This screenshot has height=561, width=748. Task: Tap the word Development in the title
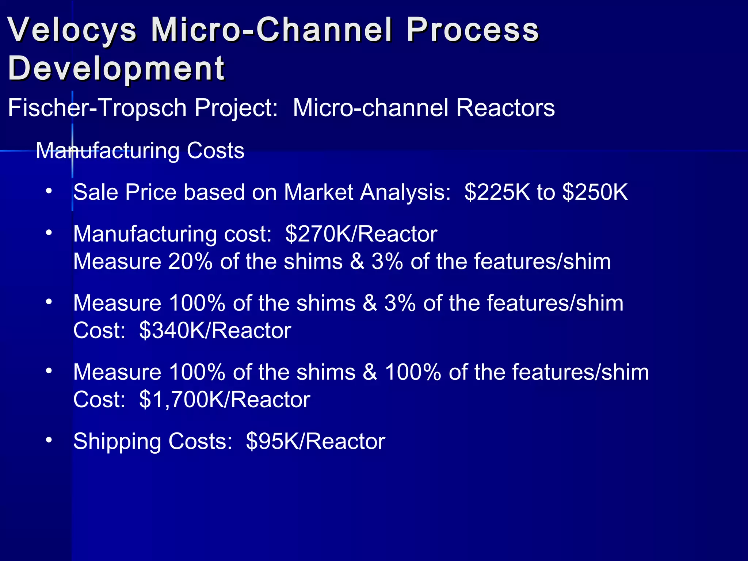click(x=116, y=68)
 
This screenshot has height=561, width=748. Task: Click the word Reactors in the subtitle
click(x=505, y=108)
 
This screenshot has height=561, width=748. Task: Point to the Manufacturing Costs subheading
click(x=140, y=150)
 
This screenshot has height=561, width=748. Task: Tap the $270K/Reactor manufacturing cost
click(x=361, y=234)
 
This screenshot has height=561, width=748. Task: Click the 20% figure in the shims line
click(x=190, y=262)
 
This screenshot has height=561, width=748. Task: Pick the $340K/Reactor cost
click(x=215, y=331)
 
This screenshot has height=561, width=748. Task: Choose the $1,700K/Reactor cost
click(x=225, y=400)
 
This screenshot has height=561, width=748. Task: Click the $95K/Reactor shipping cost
click(x=316, y=442)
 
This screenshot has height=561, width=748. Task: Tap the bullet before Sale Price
click(x=49, y=191)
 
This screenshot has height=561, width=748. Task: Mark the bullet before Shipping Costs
click(x=49, y=440)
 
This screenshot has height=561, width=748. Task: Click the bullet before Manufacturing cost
click(x=49, y=232)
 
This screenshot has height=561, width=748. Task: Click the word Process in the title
click(x=473, y=30)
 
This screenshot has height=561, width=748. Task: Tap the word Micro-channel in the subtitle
click(x=370, y=108)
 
